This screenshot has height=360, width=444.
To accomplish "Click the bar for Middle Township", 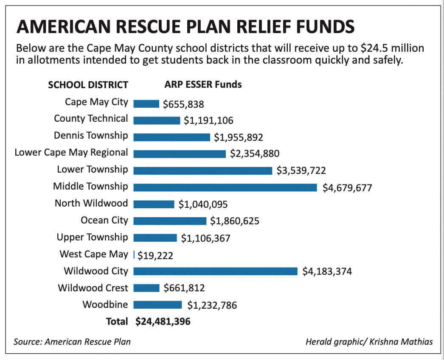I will click(x=225, y=187).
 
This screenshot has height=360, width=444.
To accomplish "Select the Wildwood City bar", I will click(x=215, y=271).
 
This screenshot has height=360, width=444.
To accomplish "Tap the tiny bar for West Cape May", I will click(x=134, y=255).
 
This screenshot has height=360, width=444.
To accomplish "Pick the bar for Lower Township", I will click(x=202, y=170).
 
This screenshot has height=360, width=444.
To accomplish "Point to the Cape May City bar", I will click(x=146, y=104).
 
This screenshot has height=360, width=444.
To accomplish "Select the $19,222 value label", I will click(x=155, y=255).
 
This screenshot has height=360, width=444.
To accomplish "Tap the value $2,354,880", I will click(x=255, y=153).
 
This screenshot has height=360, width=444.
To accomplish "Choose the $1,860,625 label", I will click(x=235, y=221).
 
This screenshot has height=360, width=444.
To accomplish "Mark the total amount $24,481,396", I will click(x=163, y=322).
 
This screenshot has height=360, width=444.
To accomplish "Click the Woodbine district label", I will click(x=105, y=305).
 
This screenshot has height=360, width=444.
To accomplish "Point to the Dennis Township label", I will click(x=90, y=136).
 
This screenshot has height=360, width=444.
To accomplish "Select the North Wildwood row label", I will click(x=91, y=203).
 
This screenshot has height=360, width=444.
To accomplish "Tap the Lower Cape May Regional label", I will click(x=71, y=153).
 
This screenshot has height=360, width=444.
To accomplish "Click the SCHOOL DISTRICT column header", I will click(x=88, y=85).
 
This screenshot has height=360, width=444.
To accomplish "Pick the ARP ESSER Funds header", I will click(x=203, y=84).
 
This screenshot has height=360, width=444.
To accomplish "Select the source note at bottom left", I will click(x=72, y=342).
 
